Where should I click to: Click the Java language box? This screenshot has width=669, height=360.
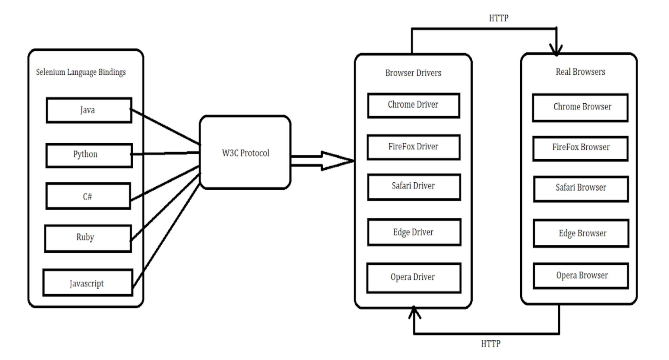pos(89,111)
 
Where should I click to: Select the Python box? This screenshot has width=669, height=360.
pos(89,155)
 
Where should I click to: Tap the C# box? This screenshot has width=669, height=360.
pos(88,196)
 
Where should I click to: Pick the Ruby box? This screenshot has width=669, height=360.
pos(88,238)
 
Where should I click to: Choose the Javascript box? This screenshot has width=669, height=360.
pos(88,283)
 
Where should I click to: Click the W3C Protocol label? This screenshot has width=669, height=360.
pos(245,153)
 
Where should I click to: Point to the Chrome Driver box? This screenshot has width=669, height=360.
pos(413,105)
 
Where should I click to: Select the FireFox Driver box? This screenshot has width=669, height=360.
pos(413,147)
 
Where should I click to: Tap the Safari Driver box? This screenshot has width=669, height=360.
pos(414,187)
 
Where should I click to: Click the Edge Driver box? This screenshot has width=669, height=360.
pos(414,232)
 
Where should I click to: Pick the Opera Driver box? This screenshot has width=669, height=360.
pos(414,278)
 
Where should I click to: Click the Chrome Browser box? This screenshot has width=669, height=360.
pos(580,108)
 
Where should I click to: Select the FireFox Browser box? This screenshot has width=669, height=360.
pos(580,148)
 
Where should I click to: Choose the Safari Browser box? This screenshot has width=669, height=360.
pos(581,189)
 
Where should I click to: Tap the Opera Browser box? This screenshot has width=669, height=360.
pos(581,276)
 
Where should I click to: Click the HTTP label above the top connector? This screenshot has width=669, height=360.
pos(499,18)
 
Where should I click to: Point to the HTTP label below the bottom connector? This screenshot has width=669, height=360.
pos(491,344)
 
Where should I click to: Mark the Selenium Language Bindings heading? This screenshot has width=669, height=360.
pos(81,72)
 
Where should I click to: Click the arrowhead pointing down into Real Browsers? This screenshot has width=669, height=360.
pos(556,50)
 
